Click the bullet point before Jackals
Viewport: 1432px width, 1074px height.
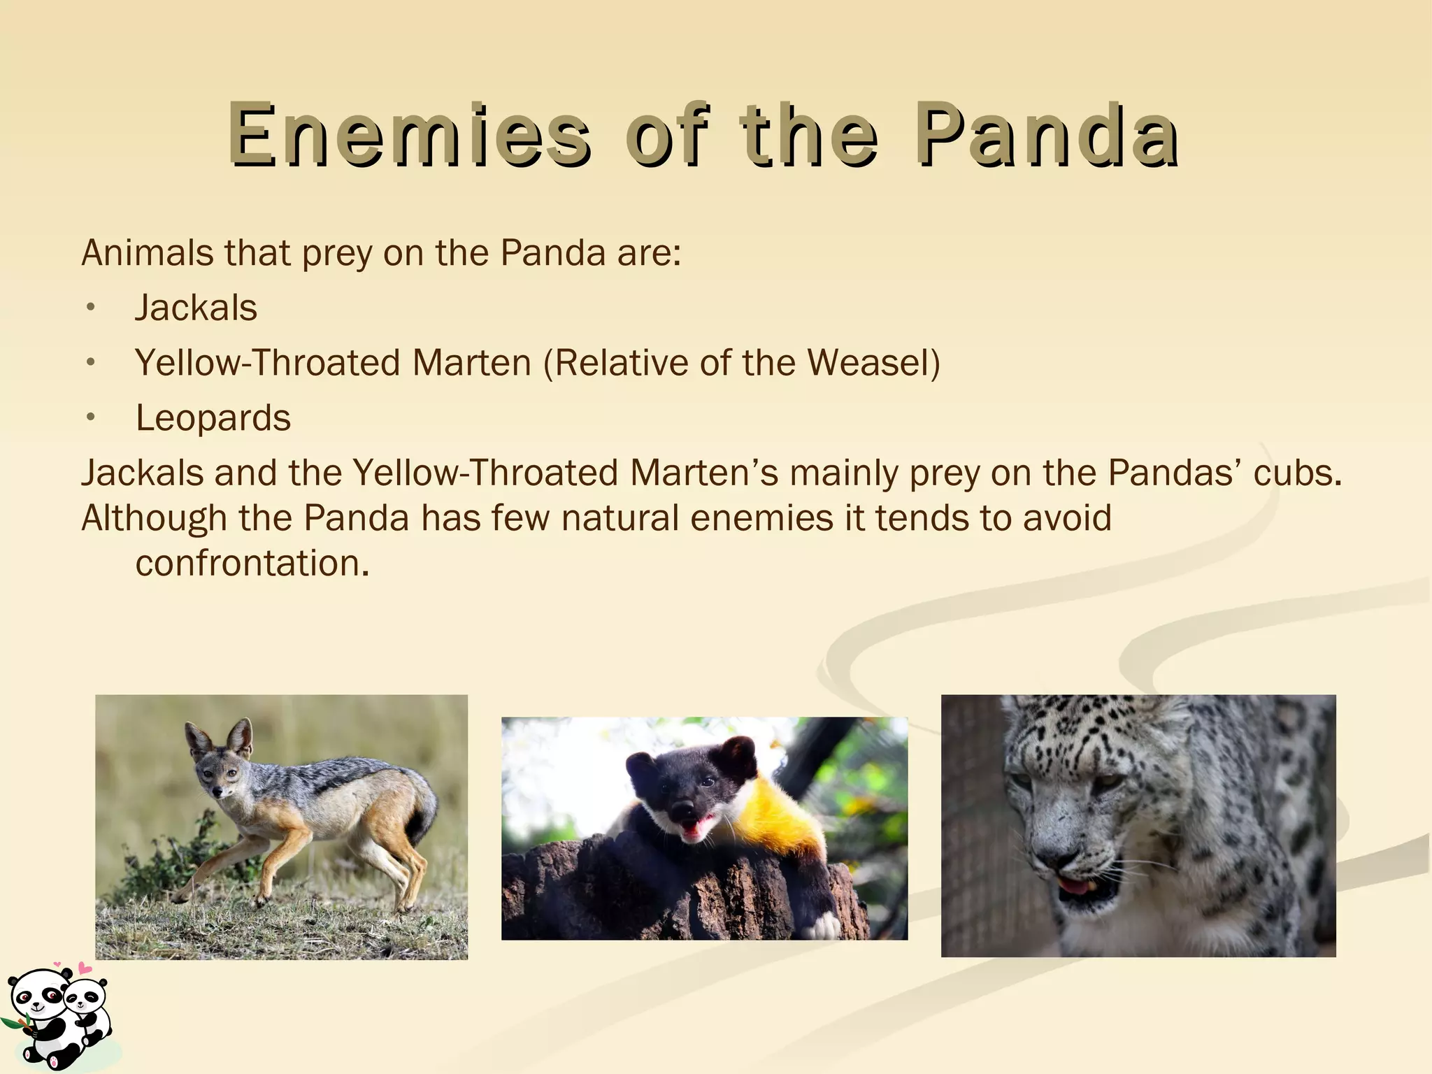coord(89,308)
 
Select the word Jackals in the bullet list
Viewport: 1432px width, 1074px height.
coord(196,308)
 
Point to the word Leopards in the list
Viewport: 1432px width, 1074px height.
coord(213,418)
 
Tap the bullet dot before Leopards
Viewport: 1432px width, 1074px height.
coord(89,418)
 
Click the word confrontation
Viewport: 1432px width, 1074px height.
coord(251,564)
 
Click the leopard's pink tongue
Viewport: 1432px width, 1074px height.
coord(1075,887)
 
